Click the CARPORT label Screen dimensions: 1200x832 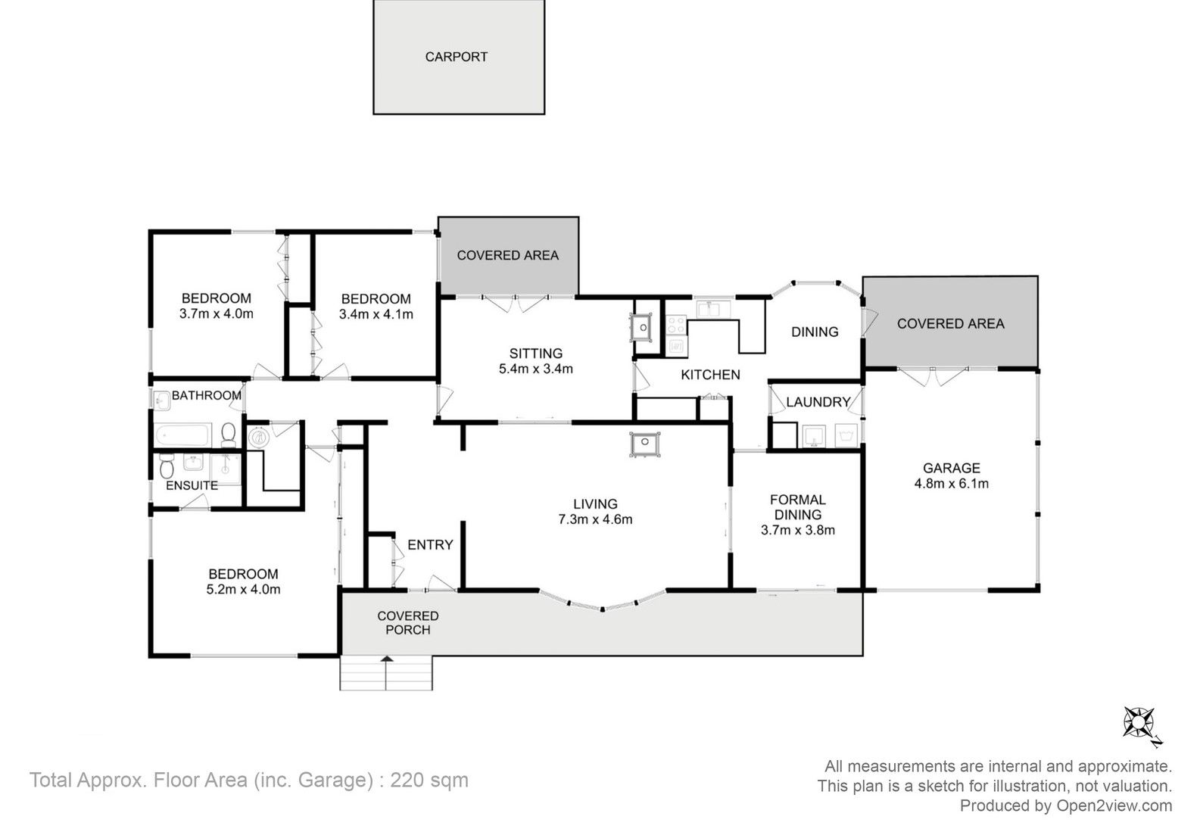pyautogui.click(x=456, y=57)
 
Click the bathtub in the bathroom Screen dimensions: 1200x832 pyautogui.click(x=182, y=435)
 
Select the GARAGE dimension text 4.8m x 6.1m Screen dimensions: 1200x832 pyautogui.click(x=951, y=483)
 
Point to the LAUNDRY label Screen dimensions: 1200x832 pyautogui.click(x=818, y=402)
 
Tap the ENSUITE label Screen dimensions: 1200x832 pyautogui.click(x=192, y=485)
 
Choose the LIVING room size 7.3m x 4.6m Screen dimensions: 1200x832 pyautogui.click(x=595, y=519)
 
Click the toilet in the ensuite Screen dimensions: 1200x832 pyautogui.click(x=167, y=466)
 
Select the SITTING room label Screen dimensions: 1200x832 pyautogui.click(x=536, y=353)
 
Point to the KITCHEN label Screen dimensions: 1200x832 pyautogui.click(x=710, y=375)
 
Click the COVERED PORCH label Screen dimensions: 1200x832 pyautogui.click(x=407, y=622)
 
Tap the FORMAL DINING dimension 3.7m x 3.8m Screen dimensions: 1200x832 pyautogui.click(x=798, y=530)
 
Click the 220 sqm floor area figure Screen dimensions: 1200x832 pyautogui.click(x=429, y=780)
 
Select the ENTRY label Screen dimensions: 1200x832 pyautogui.click(x=430, y=545)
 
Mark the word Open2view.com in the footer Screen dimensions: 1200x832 pyautogui.click(x=1114, y=806)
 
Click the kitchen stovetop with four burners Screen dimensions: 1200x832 pyautogui.click(x=676, y=326)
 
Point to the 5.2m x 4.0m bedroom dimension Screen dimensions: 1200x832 pyautogui.click(x=243, y=589)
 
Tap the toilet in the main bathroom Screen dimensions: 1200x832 pyautogui.click(x=229, y=435)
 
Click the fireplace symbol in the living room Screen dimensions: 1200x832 pyautogui.click(x=645, y=444)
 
